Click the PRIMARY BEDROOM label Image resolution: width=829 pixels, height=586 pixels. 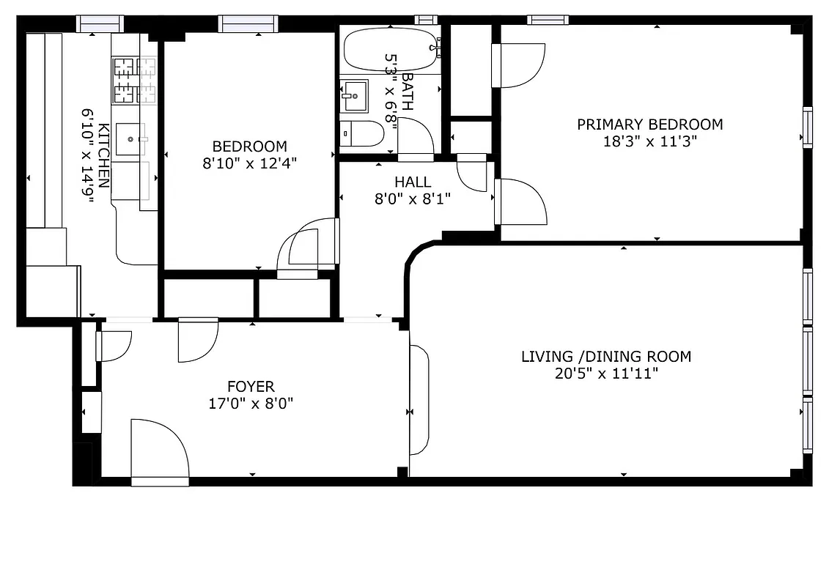[649, 125]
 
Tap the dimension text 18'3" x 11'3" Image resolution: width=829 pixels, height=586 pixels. [649, 141]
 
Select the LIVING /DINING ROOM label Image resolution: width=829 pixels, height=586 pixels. [605, 357]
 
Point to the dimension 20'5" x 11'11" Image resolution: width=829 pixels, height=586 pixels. [605, 374]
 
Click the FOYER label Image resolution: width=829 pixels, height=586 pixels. [251, 386]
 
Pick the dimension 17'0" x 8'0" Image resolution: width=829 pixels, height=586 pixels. [251, 403]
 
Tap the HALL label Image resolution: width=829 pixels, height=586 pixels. [413, 182]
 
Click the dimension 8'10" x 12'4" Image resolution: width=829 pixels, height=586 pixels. [250, 163]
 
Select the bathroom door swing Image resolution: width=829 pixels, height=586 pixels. [416, 138]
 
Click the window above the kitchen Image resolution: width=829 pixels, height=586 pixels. [100, 24]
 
